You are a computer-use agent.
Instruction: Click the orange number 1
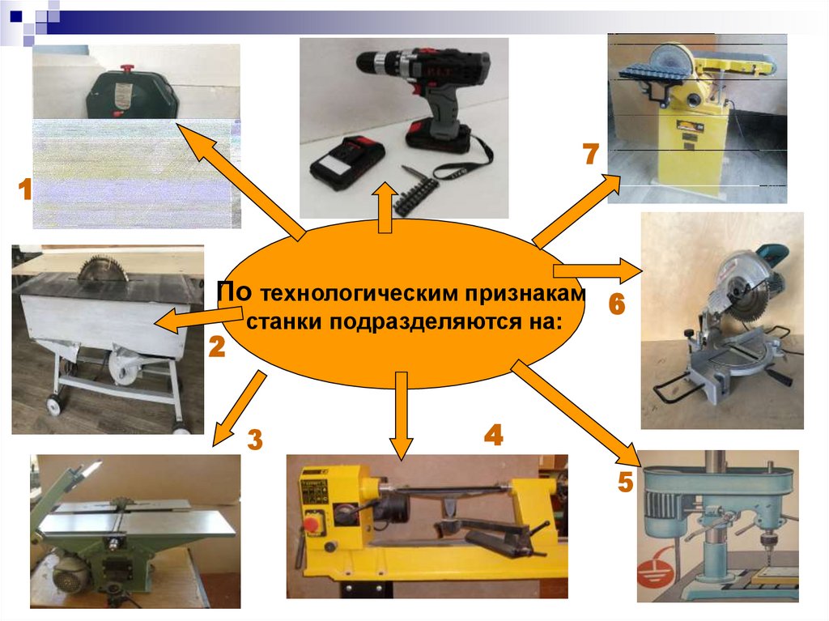25,189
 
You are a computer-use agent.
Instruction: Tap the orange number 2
217,347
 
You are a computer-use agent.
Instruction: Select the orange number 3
255,439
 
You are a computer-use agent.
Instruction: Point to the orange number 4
493,435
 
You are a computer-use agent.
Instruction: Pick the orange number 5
626,482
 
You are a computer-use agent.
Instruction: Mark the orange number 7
591,154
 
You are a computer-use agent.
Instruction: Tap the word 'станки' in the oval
285,321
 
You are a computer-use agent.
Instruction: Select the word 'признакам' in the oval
525,293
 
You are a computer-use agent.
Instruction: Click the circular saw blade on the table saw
103,270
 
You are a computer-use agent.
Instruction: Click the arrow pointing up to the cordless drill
385,208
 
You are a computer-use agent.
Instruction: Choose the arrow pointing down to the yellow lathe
402,415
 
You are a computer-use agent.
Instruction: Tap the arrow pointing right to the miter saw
598,271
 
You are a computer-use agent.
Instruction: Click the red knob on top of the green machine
126,69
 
